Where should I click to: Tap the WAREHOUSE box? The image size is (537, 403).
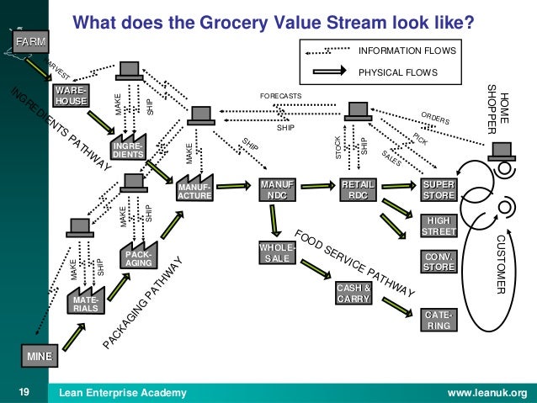click(x=71, y=95)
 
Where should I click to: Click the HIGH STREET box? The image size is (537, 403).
click(x=439, y=225)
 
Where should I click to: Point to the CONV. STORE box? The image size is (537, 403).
click(x=439, y=262)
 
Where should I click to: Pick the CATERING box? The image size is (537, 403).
click(x=439, y=319)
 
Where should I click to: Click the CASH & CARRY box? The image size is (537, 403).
click(x=354, y=294)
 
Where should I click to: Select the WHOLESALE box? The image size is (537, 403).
click(x=276, y=252)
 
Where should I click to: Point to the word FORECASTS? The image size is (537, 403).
click(x=280, y=96)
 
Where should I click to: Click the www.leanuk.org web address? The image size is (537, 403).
click(x=487, y=392)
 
